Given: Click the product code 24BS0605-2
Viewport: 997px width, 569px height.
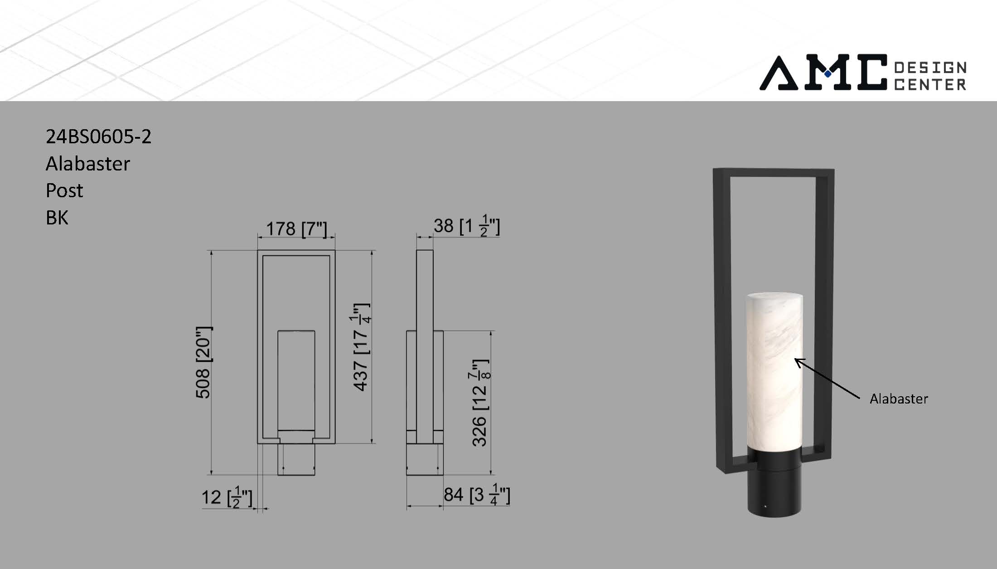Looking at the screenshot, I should [x=98, y=136].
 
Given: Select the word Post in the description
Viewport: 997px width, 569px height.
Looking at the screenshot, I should [x=64, y=190].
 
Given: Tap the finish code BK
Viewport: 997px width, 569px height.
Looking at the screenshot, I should [x=57, y=218].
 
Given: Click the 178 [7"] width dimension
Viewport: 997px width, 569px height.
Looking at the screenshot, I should [x=296, y=229].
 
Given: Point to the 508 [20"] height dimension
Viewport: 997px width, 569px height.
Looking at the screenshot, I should [x=203, y=363].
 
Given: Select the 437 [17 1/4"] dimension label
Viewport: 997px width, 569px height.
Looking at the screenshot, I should [x=361, y=347].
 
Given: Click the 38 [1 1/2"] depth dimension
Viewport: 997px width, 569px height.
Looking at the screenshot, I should [x=466, y=226].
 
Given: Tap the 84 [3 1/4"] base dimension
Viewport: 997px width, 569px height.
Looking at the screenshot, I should [x=476, y=495].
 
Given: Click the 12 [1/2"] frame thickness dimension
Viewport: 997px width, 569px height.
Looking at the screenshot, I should [x=227, y=497].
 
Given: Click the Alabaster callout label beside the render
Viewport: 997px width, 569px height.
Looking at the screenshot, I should [x=899, y=399].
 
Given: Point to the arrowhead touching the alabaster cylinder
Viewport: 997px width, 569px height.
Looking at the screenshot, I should [x=798, y=361].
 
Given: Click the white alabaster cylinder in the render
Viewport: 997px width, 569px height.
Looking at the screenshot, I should [x=774, y=372].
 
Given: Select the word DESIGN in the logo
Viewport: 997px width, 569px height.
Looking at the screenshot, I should [x=930, y=68].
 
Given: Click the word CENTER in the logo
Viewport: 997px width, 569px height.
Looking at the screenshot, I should [x=930, y=84].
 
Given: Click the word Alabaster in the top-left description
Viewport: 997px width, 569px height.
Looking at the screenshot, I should [x=88, y=164].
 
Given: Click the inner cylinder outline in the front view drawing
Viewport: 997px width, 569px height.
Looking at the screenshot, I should [x=296, y=381].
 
